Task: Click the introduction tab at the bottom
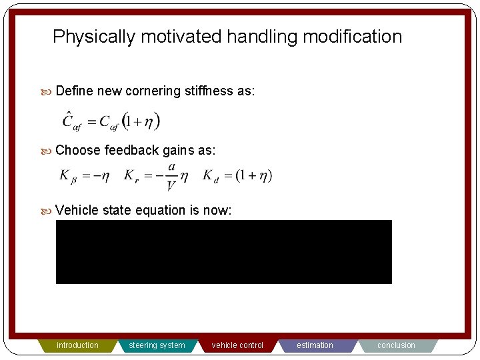tap(77, 345)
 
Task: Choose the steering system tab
tap(157, 345)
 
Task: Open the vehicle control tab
tap(237, 345)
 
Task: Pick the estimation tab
tap(315, 345)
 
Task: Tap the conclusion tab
tap(396, 345)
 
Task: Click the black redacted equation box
tap(223, 251)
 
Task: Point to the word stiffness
tap(209, 91)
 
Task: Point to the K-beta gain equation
tap(85, 176)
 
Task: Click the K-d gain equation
tap(237, 176)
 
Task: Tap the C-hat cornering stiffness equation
tap(111, 121)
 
